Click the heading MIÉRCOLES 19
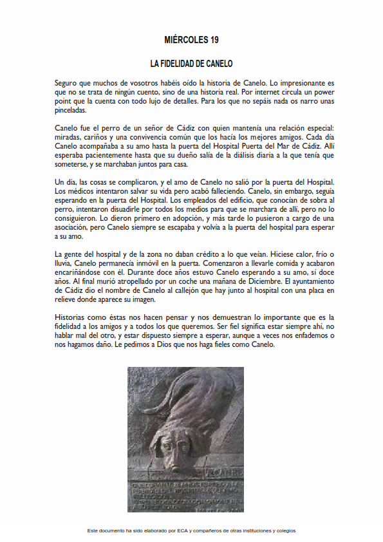191,40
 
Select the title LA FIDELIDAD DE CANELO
191,64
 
